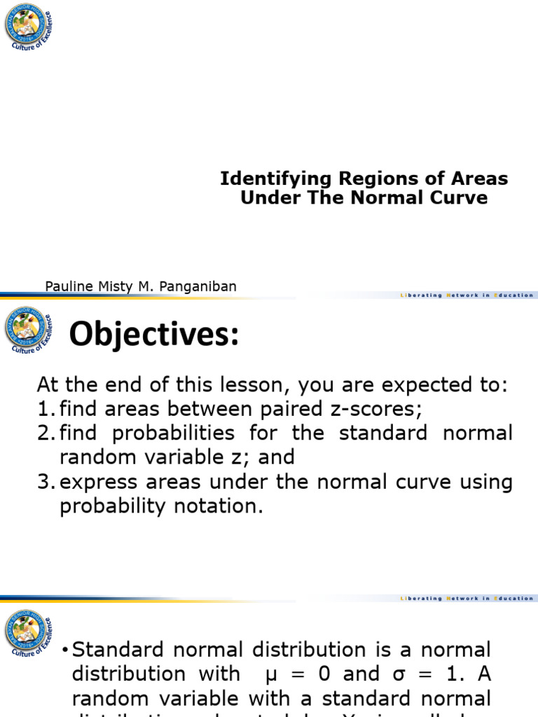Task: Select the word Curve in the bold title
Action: pos(460,197)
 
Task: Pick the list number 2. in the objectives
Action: pos(46,433)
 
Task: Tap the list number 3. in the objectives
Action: pos(46,482)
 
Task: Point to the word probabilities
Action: pos(163,433)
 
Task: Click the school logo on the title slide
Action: pos(27,26)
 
